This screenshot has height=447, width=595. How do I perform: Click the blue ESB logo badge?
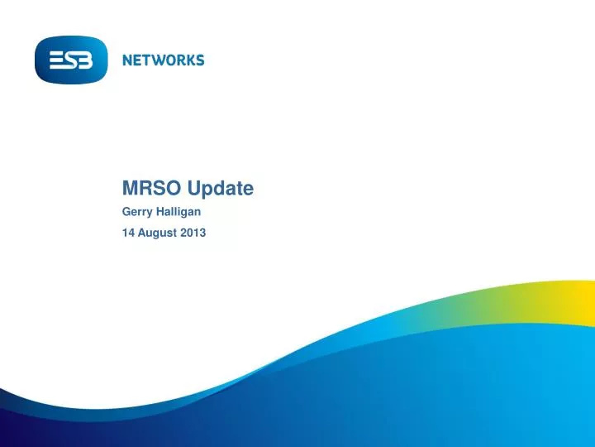click(x=71, y=60)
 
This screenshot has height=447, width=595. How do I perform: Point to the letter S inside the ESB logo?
click(x=71, y=60)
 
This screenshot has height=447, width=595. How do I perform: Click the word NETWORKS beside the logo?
click(x=163, y=60)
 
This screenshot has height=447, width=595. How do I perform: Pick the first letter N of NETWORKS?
click(x=128, y=60)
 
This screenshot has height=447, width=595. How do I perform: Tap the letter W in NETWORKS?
click(x=159, y=60)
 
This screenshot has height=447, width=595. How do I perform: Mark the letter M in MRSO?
click(x=130, y=189)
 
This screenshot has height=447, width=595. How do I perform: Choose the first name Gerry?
click(x=138, y=212)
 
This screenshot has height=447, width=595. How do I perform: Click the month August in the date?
click(x=157, y=233)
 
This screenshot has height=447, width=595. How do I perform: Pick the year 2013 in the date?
click(x=193, y=233)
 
